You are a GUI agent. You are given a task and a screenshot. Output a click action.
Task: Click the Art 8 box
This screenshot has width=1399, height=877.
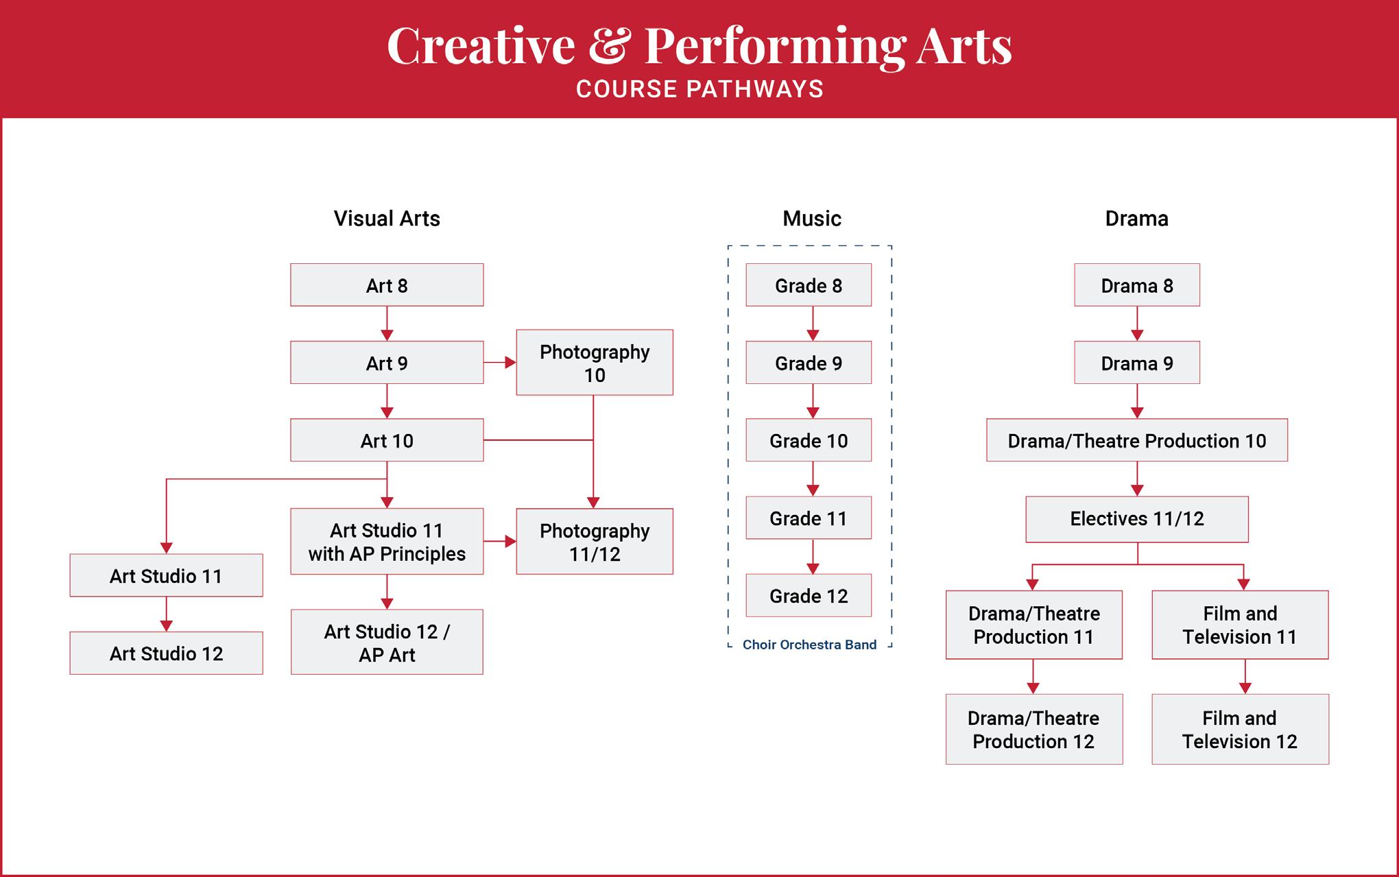pyautogui.click(x=387, y=285)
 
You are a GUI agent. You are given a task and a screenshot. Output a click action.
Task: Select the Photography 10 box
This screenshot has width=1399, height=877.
pyautogui.click(x=595, y=363)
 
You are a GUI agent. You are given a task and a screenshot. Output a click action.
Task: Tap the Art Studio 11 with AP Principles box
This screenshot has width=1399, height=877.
pyautogui.click(x=387, y=542)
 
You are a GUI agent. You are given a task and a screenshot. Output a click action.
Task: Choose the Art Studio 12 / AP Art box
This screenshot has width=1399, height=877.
pyautogui.click(x=387, y=642)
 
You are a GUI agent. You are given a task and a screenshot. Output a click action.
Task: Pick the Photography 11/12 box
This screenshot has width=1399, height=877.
pyautogui.click(x=595, y=542)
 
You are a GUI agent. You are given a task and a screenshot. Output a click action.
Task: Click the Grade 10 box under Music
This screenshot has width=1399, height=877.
pyautogui.click(x=809, y=440)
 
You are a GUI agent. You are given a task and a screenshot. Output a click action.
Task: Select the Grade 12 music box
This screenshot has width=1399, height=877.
pyautogui.click(x=809, y=595)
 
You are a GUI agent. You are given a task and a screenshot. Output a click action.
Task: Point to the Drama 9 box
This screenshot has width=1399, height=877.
pyautogui.click(x=1137, y=363)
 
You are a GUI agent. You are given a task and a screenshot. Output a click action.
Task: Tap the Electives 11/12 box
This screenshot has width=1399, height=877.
pyautogui.click(x=1137, y=519)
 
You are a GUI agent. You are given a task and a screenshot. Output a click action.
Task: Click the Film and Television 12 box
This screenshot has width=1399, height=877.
pyautogui.click(x=1240, y=730)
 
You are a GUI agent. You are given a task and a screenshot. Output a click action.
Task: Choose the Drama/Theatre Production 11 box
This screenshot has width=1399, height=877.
pyautogui.click(x=1034, y=625)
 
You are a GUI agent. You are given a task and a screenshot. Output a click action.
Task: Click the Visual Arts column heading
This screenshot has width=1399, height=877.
pyautogui.click(x=387, y=219)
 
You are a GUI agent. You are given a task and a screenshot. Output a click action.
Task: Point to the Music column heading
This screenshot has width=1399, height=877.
pyautogui.click(x=812, y=219)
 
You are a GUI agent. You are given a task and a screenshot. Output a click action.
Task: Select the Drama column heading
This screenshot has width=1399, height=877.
pyautogui.click(x=1137, y=219)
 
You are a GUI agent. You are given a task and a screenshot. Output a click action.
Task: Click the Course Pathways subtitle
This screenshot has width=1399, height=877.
pyautogui.click(x=699, y=89)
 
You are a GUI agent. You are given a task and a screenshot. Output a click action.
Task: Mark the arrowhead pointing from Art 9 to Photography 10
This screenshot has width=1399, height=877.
pyautogui.click(x=510, y=362)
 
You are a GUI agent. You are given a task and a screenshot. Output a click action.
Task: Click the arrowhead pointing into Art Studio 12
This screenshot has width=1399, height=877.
pyautogui.click(x=166, y=626)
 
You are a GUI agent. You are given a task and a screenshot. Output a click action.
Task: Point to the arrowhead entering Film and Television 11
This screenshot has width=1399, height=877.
pyautogui.click(x=1243, y=585)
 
